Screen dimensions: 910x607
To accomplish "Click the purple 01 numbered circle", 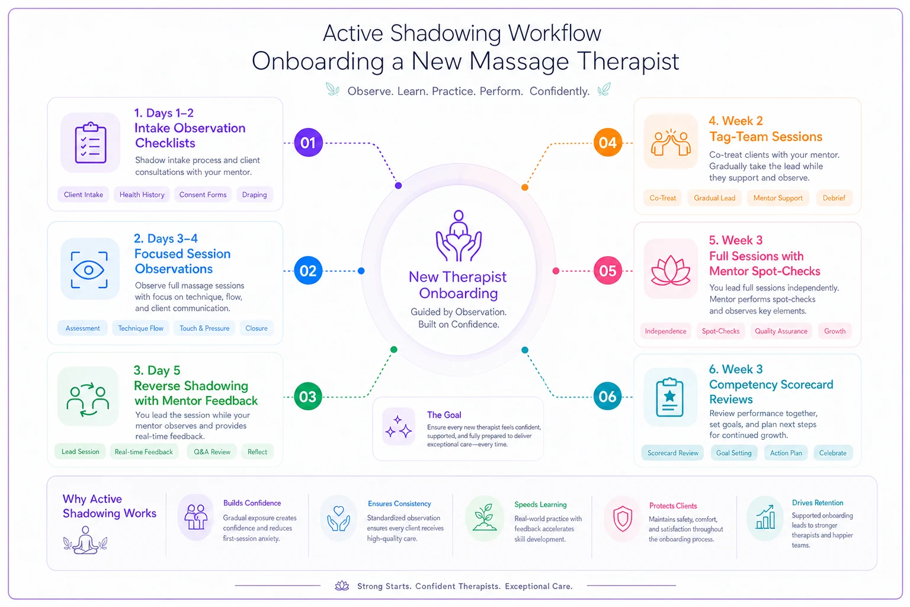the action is pyautogui.click(x=308, y=143).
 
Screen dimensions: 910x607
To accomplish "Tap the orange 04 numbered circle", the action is pyautogui.click(x=607, y=143).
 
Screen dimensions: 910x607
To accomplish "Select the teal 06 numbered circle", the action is pyautogui.click(x=607, y=396).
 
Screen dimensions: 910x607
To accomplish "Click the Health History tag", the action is pyautogui.click(x=142, y=195).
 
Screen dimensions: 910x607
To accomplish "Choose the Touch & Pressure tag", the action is pyautogui.click(x=204, y=328).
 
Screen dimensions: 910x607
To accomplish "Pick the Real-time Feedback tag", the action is pyautogui.click(x=144, y=452).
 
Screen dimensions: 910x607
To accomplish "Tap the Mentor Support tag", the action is pyautogui.click(x=778, y=198).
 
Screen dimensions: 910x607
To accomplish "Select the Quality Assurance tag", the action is pyautogui.click(x=781, y=331).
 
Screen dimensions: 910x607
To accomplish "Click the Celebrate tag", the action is pyautogui.click(x=833, y=453).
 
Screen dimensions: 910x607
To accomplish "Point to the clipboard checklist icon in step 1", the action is pyautogui.click(x=91, y=143).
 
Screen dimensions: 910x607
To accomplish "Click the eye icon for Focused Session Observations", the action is pyautogui.click(x=89, y=270).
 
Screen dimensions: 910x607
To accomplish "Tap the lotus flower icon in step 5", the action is pyautogui.click(x=670, y=270).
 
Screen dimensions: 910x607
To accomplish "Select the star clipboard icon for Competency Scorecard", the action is pyautogui.click(x=670, y=397).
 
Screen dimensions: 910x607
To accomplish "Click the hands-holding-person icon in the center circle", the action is pyautogui.click(x=459, y=235).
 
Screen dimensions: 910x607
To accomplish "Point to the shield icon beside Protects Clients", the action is pyautogui.click(x=623, y=519).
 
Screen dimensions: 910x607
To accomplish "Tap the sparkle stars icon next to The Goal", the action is pyautogui.click(x=399, y=426).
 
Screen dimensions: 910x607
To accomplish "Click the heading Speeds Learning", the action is pyautogui.click(x=540, y=504).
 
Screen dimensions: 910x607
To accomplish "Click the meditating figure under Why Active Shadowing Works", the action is pyautogui.click(x=85, y=540).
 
